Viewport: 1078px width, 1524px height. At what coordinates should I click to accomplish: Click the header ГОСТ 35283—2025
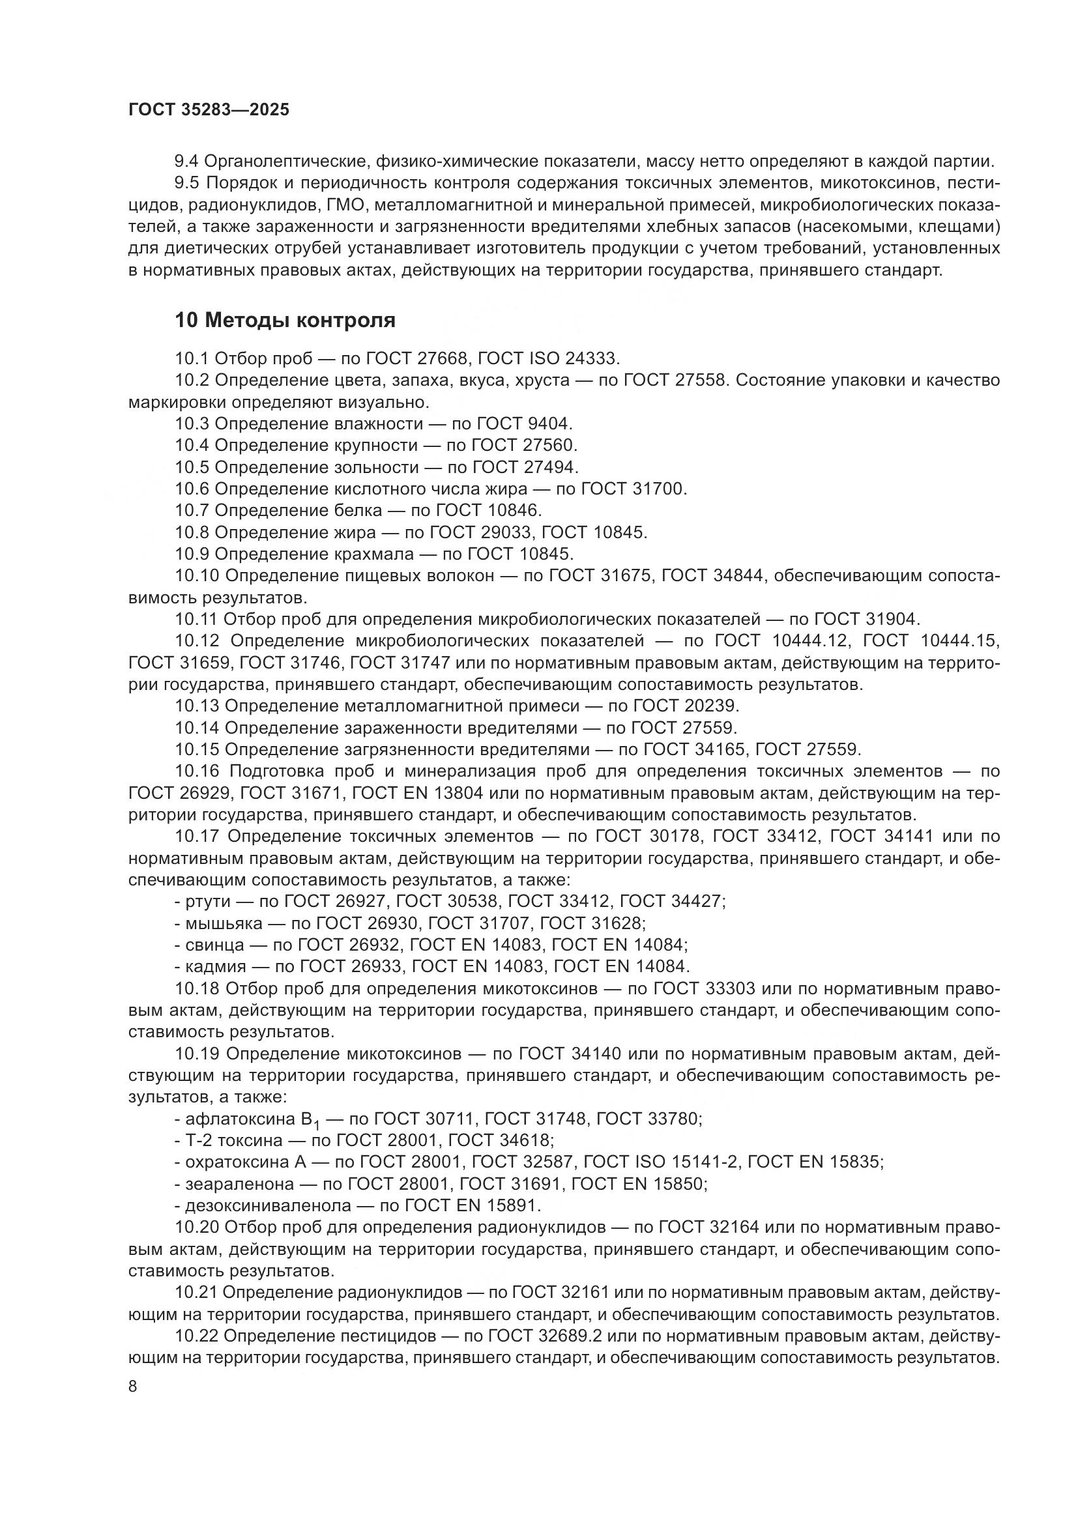click(209, 109)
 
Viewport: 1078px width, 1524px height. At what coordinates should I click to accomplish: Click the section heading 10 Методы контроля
click(285, 320)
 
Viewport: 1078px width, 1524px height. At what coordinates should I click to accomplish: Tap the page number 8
click(133, 1386)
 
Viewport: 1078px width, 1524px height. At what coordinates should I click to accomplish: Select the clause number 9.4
click(186, 162)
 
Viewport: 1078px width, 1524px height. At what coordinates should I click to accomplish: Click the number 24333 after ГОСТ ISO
click(591, 358)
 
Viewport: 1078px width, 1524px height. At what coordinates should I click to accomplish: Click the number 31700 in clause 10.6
click(659, 489)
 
